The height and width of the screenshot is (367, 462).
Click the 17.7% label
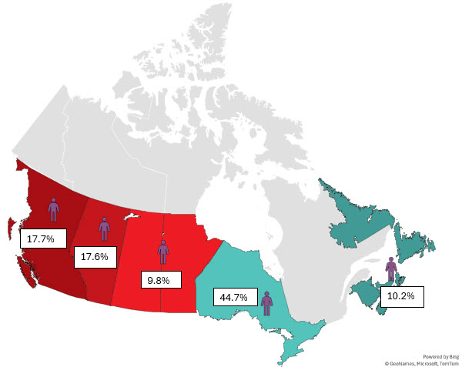(40, 239)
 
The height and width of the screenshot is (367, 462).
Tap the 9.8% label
(158, 279)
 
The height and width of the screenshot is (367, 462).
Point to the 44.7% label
(231, 296)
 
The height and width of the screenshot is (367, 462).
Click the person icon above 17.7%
(53, 208)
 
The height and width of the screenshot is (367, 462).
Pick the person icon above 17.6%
(104, 228)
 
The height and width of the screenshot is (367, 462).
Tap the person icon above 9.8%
(163, 251)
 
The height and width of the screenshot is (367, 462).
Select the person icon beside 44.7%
(266, 302)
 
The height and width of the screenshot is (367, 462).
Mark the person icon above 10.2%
(391, 269)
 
